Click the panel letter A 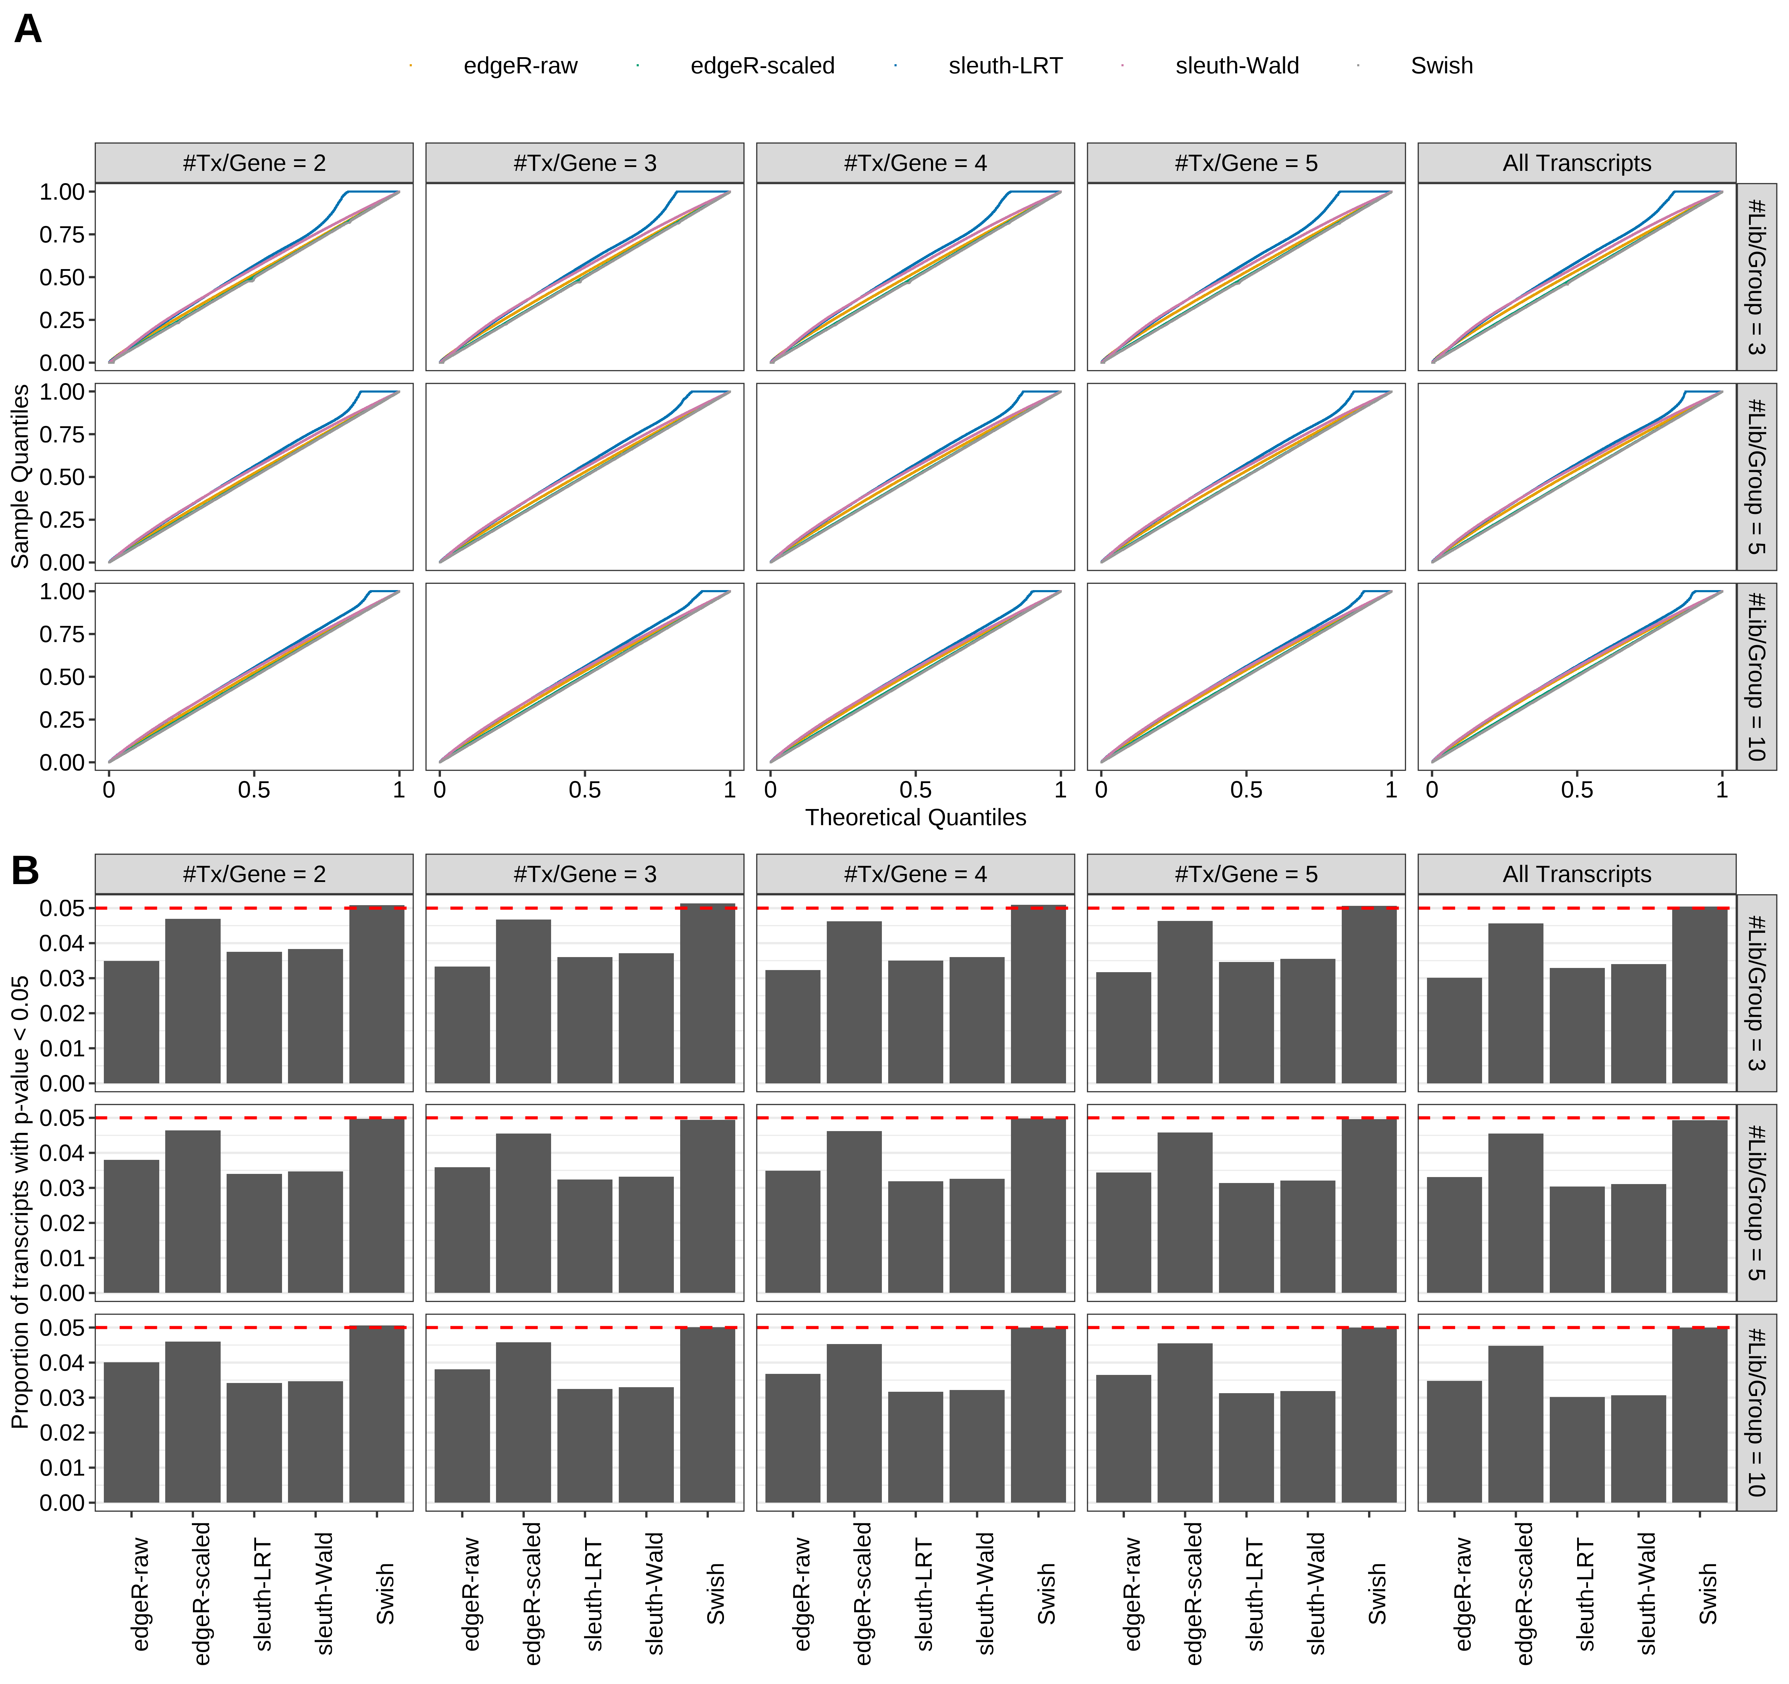[x=28, y=30]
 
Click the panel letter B [x=25, y=870]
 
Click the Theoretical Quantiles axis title [x=915, y=817]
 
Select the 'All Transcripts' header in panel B [x=1577, y=874]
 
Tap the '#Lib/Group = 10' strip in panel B [x=1756, y=1412]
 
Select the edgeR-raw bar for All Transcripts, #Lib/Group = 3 [x=1454, y=1030]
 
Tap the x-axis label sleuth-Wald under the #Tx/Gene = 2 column [x=325, y=1593]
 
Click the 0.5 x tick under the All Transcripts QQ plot [x=1577, y=790]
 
